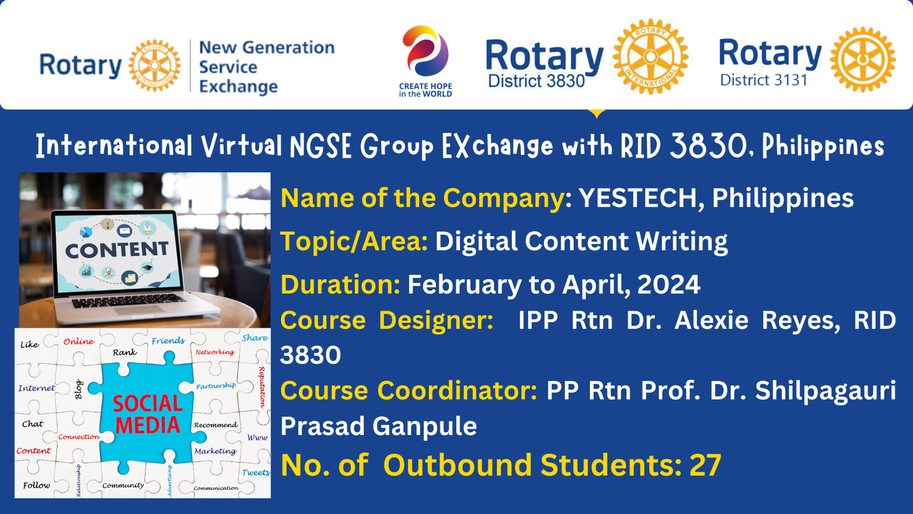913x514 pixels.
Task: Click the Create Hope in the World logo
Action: pos(426,61)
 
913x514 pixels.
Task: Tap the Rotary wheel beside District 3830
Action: pos(651,57)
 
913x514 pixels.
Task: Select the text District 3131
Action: pos(763,80)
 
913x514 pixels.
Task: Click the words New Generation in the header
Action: pos(266,47)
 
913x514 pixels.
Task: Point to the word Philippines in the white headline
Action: pos(823,146)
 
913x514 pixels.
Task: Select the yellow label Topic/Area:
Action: pos(354,241)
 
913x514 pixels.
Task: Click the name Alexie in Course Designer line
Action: pos(711,320)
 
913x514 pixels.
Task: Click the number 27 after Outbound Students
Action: pos(705,465)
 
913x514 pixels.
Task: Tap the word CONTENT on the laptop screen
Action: pos(117,250)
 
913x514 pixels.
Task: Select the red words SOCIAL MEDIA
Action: pos(148,415)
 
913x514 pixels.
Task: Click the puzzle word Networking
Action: pos(215,352)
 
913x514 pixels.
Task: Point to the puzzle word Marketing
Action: pos(215,451)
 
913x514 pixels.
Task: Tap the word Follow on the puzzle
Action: pos(37,485)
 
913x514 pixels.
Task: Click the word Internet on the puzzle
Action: pos(37,388)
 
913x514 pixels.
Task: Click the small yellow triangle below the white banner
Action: pos(597,113)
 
